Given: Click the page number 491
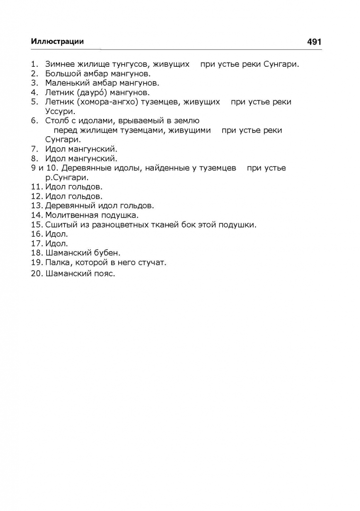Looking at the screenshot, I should click(314, 42).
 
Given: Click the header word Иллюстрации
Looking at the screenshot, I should click(57, 42).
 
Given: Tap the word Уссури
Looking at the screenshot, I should click(60, 111).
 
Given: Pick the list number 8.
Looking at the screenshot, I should click(34, 159).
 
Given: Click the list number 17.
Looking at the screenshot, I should click(37, 244).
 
